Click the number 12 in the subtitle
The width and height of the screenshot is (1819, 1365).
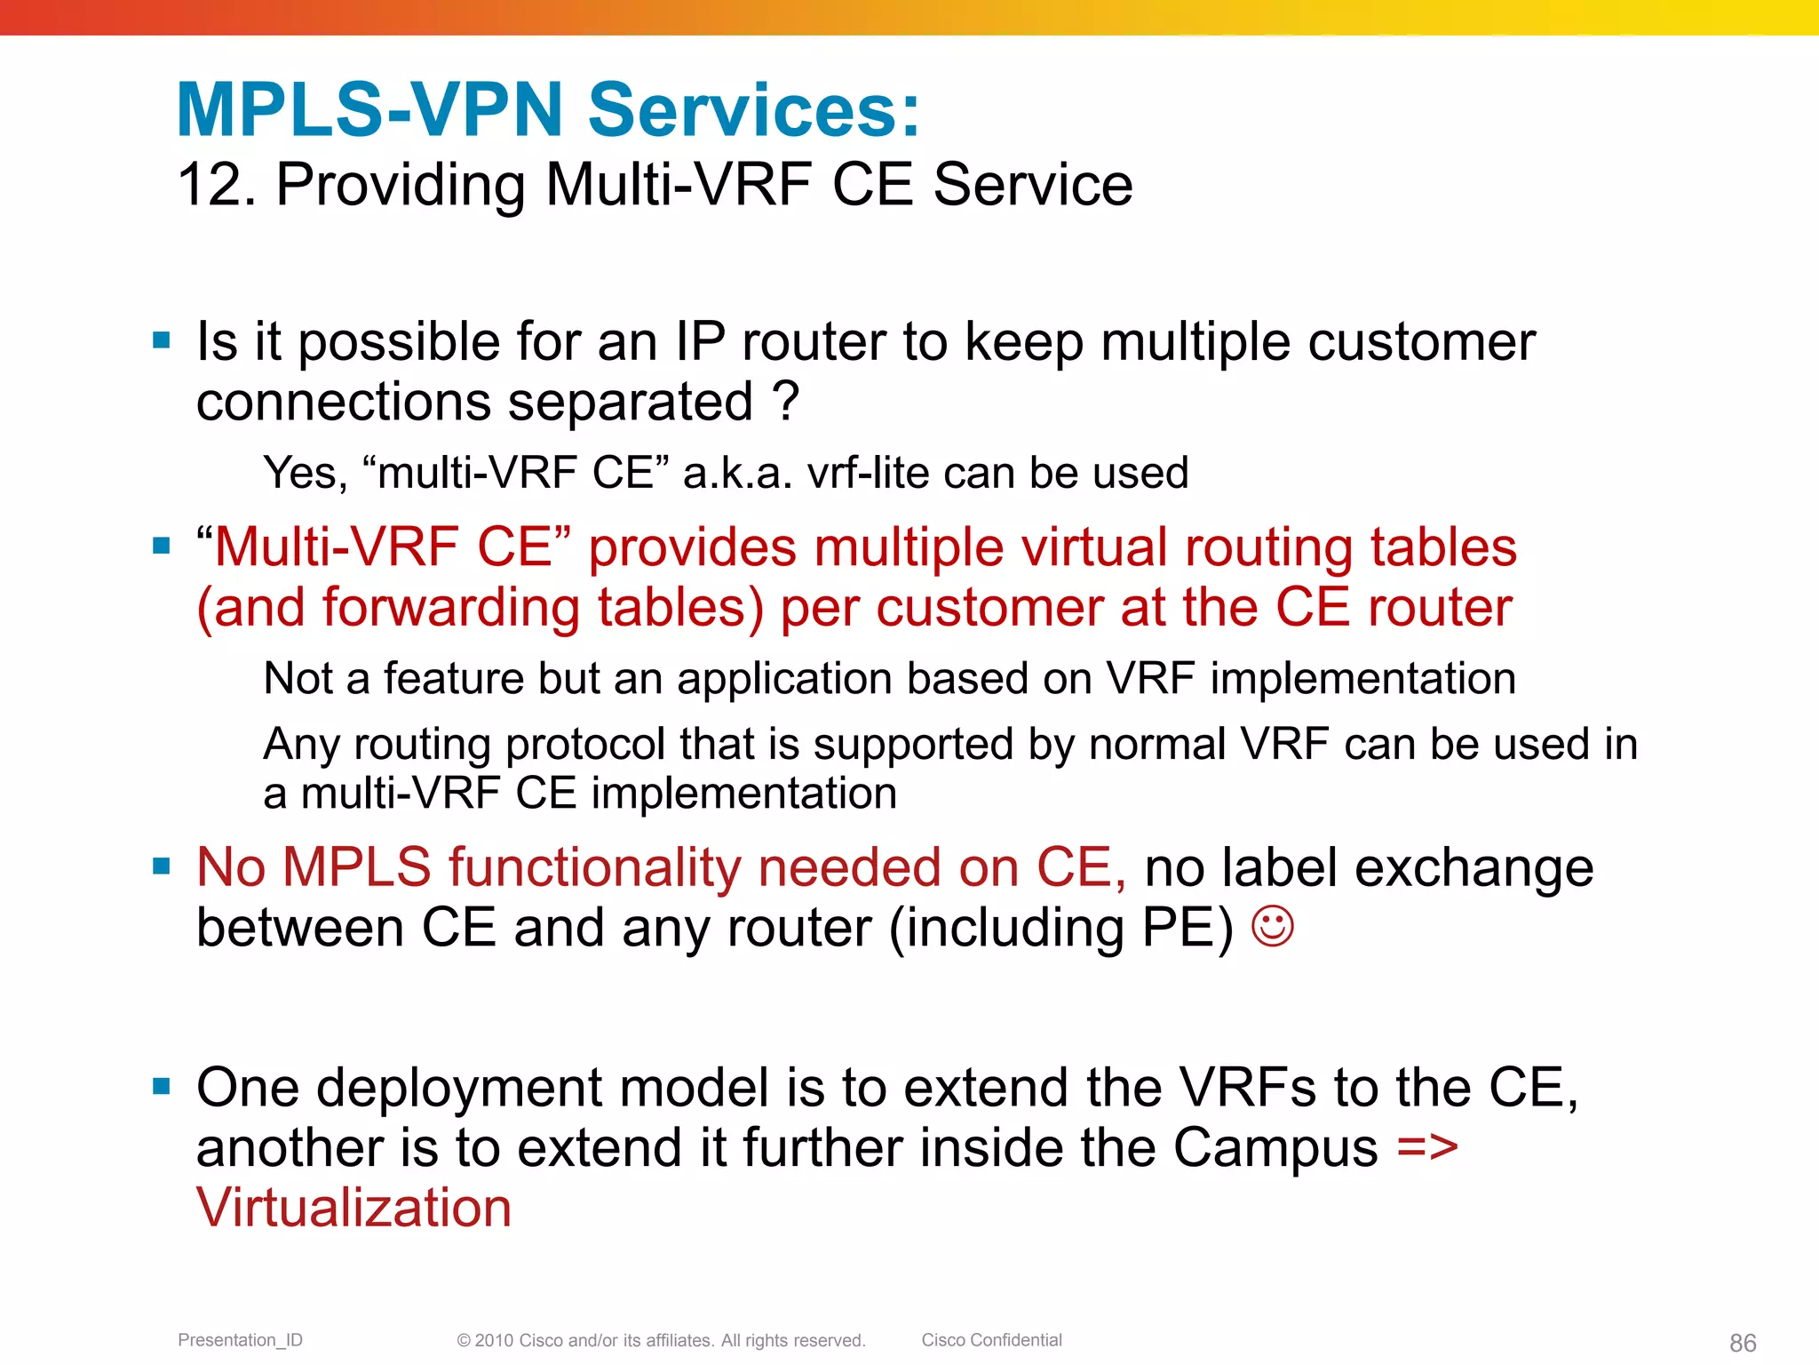209,185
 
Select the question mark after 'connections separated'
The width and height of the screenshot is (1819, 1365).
786,402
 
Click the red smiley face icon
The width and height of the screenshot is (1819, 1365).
1272,927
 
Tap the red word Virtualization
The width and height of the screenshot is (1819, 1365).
353,1208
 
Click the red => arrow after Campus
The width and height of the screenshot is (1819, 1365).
1426,1147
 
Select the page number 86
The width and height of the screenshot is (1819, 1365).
1742,1343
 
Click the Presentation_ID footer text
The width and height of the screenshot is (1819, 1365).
240,1340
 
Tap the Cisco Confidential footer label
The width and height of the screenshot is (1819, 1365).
991,1340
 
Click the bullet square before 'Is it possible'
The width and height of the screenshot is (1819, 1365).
161,340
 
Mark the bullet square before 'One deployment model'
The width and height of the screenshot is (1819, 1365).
161,1086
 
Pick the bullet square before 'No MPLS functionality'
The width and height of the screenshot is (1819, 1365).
161,866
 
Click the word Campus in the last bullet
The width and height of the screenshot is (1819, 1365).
1275,1148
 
